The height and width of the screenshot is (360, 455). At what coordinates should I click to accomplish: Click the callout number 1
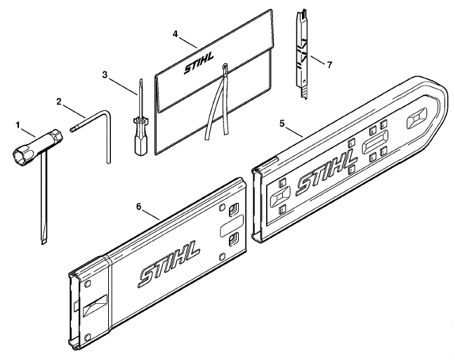tap(18, 126)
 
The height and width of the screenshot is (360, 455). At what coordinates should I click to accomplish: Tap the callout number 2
tap(59, 102)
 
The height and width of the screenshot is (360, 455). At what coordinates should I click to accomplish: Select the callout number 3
tap(105, 75)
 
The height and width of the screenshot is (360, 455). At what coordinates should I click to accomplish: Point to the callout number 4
tap(175, 34)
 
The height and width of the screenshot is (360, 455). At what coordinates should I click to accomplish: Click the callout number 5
tap(282, 124)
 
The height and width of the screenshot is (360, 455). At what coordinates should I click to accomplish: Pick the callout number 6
tap(139, 207)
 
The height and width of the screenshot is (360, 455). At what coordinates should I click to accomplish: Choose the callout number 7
tap(329, 65)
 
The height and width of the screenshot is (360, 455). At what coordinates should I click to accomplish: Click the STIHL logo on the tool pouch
tap(199, 63)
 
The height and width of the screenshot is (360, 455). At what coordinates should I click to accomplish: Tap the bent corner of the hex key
tap(107, 113)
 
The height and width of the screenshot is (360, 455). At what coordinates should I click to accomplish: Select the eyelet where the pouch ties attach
tap(225, 67)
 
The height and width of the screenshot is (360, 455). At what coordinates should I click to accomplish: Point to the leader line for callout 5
tap(294, 131)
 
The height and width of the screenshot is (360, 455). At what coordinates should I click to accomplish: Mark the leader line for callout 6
tap(152, 215)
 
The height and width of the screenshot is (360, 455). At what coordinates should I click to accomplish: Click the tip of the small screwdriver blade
tap(141, 80)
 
